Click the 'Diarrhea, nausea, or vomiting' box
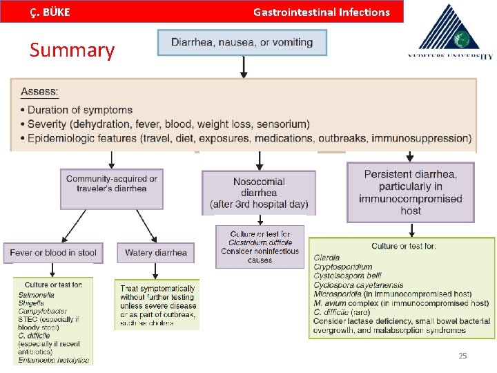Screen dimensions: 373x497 click(x=242, y=42)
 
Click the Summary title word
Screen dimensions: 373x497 click(x=72, y=50)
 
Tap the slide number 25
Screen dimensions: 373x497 click(x=462, y=356)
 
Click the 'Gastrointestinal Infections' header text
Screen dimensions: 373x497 click(x=321, y=12)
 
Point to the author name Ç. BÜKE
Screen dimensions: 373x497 click(x=50, y=12)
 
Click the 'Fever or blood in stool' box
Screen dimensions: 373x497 click(x=53, y=253)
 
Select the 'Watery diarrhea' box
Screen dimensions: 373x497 click(x=155, y=253)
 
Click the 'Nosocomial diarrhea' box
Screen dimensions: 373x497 click(x=259, y=193)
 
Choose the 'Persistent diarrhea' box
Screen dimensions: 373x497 click(x=410, y=192)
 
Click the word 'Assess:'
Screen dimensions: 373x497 click(x=40, y=91)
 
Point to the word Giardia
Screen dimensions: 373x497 click(x=327, y=258)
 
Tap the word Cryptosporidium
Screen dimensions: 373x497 click(x=342, y=267)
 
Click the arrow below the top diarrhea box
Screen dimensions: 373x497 click(x=243, y=67)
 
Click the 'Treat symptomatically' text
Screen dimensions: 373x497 click(x=157, y=289)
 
